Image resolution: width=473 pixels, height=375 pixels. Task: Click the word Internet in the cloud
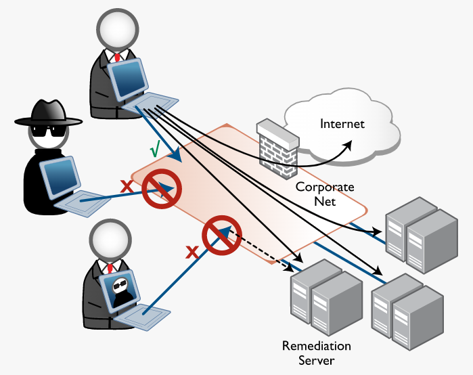tap(342, 124)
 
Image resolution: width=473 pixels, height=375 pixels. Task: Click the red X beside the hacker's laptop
tap(125, 185)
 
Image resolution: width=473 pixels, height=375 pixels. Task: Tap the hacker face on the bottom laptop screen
tap(121, 290)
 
